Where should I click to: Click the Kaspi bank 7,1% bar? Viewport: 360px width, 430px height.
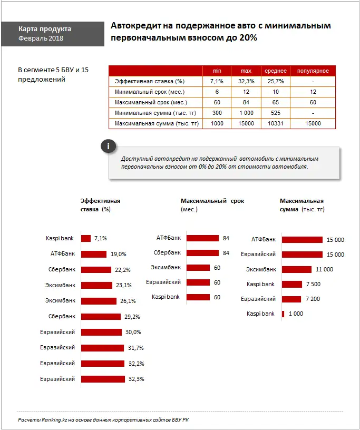(86, 238)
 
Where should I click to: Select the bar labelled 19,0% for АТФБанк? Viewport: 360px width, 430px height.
(94, 254)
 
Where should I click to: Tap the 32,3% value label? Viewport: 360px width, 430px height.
(137, 379)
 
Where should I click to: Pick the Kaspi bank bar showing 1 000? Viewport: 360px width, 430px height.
(283, 314)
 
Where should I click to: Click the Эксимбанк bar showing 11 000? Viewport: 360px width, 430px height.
(298, 269)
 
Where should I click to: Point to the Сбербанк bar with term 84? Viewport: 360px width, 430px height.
(202, 253)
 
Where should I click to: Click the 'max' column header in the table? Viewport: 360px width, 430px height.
(246, 71)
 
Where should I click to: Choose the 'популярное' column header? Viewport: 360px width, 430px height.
(313, 71)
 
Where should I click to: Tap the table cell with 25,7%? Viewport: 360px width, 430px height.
(276, 82)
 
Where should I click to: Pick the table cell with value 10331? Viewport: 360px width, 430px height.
(276, 124)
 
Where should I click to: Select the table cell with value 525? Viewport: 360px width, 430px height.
(276, 113)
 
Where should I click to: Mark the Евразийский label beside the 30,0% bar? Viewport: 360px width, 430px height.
(57, 332)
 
